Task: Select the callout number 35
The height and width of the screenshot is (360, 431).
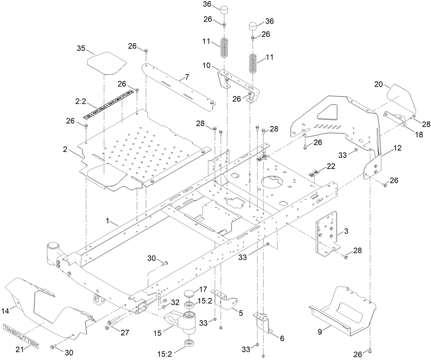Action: (x=81, y=48)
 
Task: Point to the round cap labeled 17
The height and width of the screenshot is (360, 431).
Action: (x=188, y=294)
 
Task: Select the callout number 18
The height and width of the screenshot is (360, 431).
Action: (x=419, y=135)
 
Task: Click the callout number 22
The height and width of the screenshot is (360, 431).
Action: (x=331, y=166)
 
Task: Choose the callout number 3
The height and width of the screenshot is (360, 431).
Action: (x=346, y=232)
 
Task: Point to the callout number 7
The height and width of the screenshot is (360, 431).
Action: (x=187, y=77)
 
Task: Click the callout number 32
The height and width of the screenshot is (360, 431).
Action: (x=175, y=302)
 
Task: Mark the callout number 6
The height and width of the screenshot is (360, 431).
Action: (x=282, y=338)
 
